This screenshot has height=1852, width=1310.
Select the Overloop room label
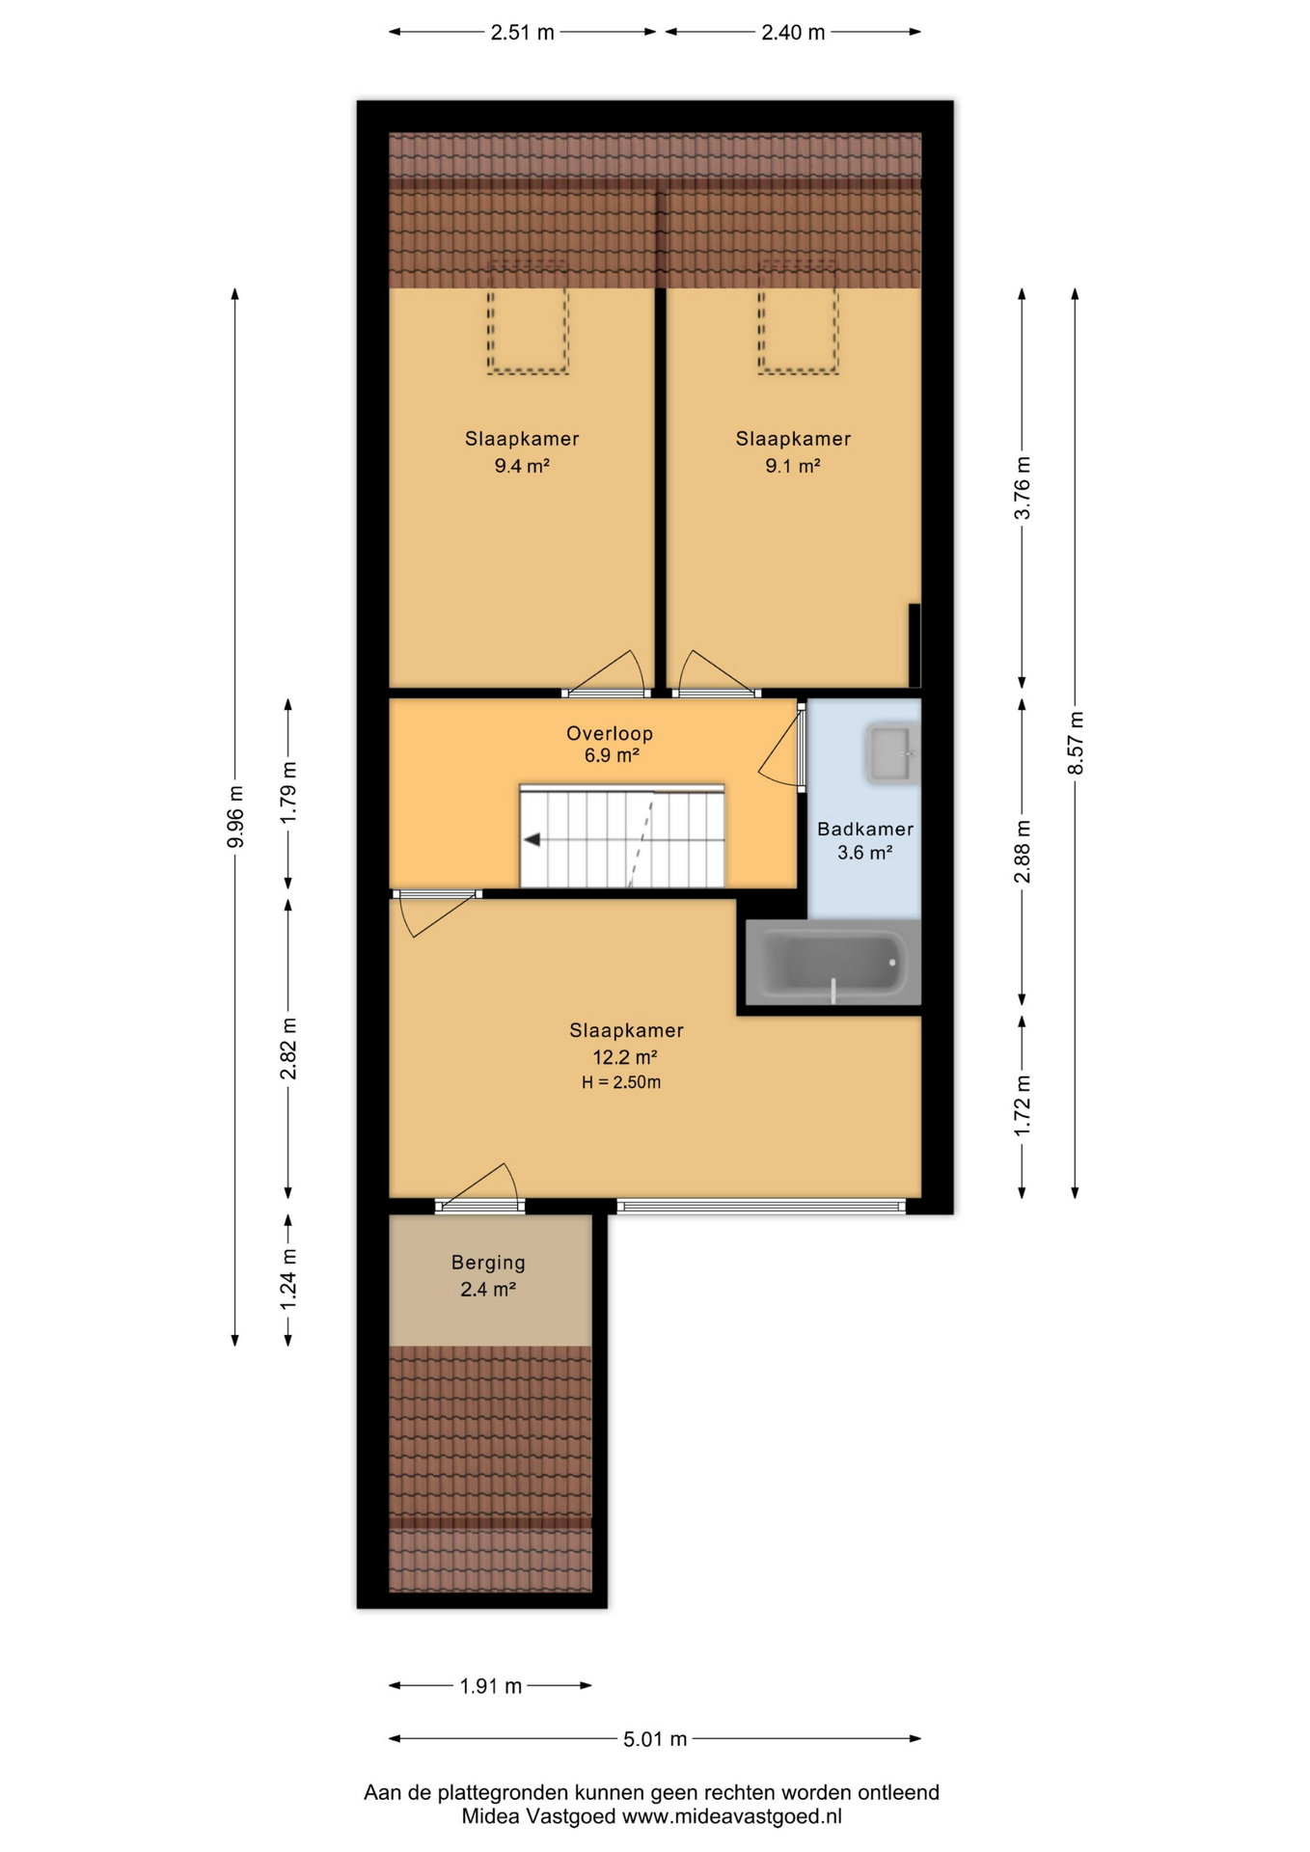[x=610, y=733]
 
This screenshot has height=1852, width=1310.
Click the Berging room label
[x=488, y=1263]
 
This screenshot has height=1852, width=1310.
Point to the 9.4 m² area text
[x=522, y=466]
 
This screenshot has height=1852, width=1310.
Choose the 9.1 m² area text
[x=793, y=466]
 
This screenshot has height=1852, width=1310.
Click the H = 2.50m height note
[x=621, y=1082]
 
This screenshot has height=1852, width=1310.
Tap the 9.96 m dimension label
[x=235, y=817]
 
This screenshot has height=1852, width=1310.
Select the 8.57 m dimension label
[x=1076, y=743]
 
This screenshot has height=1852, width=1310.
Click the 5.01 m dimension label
[x=655, y=1739]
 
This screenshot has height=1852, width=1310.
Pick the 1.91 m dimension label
[x=490, y=1686]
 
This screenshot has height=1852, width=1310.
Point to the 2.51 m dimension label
[x=523, y=32]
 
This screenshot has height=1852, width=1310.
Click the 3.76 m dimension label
[x=1023, y=488]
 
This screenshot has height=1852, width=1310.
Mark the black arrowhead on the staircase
[x=532, y=840]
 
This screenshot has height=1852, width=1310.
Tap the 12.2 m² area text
[x=626, y=1057]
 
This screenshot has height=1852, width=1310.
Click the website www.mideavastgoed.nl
[x=732, y=1816]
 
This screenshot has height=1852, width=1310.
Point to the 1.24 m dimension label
[x=288, y=1279]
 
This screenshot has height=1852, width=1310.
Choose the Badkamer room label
[x=865, y=829]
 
